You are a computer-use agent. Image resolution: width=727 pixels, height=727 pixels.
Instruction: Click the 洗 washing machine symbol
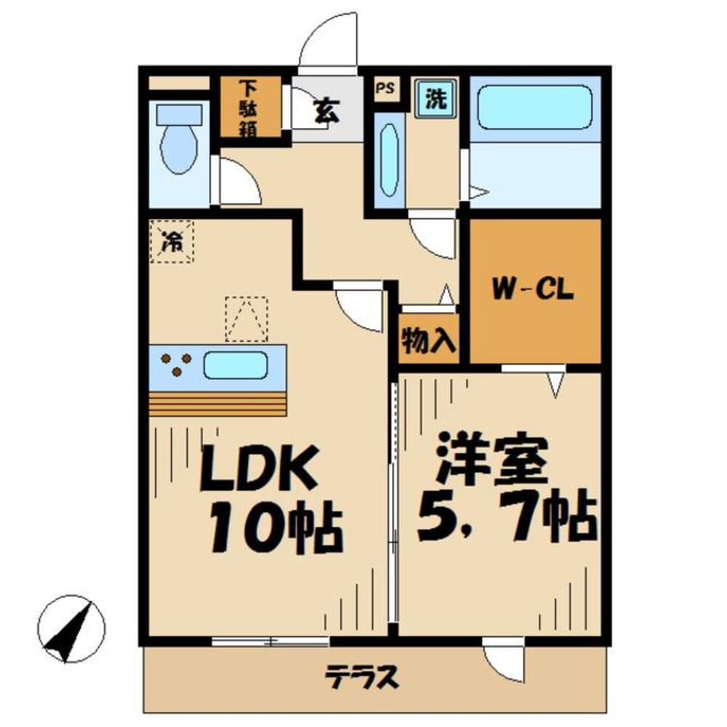(x=436, y=97)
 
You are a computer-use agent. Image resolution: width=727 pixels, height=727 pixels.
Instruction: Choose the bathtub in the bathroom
(x=536, y=108)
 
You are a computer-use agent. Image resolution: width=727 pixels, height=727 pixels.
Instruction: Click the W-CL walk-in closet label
(x=534, y=291)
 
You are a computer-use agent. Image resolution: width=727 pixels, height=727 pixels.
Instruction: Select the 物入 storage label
(x=429, y=340)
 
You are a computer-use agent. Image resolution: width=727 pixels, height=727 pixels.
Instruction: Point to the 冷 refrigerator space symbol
(x=172, y=241)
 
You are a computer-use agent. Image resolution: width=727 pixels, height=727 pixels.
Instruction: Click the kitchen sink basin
(x=236, y=364)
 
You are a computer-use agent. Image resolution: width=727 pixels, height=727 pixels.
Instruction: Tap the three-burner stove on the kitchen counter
(x=176, y=364)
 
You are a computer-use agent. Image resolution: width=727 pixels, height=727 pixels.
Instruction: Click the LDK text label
(x=259, y=470)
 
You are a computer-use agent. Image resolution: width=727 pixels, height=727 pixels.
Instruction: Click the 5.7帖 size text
(x=507, y=518)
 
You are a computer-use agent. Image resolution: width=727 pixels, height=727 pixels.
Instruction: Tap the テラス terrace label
(x=362, y=678)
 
